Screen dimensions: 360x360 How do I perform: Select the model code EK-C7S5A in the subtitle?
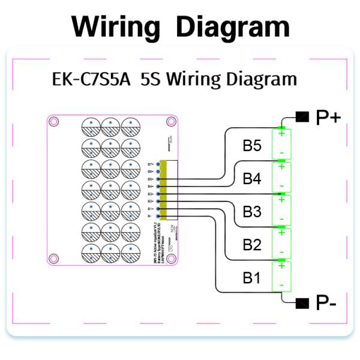point(87,79)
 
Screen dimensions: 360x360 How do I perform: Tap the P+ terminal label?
point(328,118)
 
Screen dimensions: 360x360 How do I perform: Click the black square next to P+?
point(302,116)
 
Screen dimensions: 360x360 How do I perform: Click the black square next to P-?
point(302,301)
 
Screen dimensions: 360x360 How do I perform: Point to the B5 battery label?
point(252,146)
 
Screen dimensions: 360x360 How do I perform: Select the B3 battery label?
point(252,211)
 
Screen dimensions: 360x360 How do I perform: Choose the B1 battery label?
point(252,277)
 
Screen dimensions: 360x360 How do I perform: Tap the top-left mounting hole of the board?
point(53,122)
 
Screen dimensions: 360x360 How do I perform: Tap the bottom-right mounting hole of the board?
point(172,259)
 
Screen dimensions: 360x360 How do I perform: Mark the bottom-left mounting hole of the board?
point(53,259)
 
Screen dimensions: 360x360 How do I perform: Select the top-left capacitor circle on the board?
point(90,126)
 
